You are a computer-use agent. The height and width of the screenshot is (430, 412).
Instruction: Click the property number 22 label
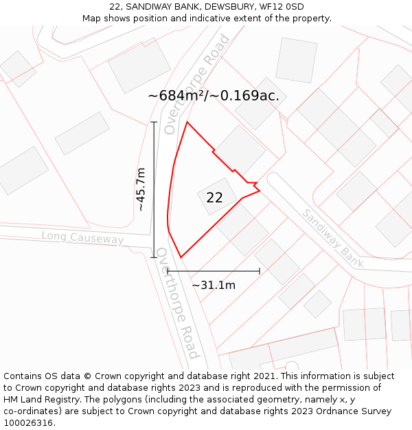[214, 197]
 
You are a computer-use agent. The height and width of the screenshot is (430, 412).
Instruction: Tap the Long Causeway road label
[82, 237]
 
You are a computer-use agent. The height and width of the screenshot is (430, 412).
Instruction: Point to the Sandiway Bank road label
[332, 237]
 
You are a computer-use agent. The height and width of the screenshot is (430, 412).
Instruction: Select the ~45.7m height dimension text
[140, 189]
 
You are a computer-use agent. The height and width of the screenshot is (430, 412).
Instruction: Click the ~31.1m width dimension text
[213, 285]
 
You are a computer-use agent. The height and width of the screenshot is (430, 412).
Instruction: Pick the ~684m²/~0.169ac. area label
[214, 96]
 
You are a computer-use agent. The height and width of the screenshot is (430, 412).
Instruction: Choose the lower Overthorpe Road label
[177, 303]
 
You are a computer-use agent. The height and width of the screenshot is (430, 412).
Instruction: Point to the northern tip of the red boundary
[187, 122]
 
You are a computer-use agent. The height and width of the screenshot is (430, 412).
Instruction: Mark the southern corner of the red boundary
[181, 257]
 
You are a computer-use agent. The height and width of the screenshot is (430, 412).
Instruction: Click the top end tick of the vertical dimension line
[154, 122]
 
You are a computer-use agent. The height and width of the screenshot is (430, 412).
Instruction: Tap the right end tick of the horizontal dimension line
[260, 271]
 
